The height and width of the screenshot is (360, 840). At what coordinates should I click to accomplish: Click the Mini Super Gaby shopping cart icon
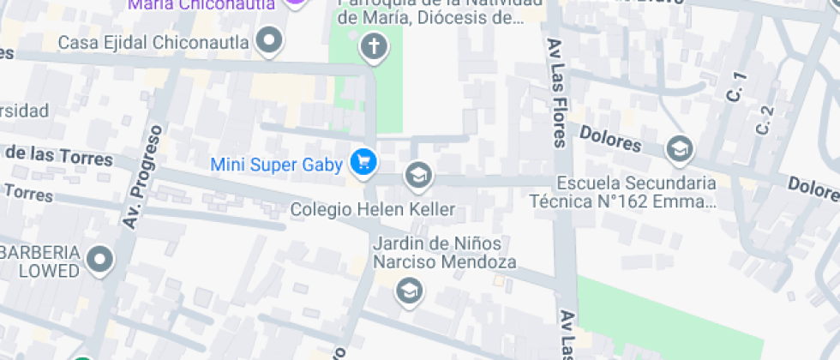pyautogui.click(x=363, y=162)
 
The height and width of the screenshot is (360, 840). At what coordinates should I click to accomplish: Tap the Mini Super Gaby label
pyautogui.click(x=276, y=164)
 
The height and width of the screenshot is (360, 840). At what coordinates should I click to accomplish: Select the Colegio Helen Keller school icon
pyautogui.click(x=418, y=176)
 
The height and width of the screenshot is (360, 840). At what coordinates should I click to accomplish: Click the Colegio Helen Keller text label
pyautogui.click(x=372, y=209)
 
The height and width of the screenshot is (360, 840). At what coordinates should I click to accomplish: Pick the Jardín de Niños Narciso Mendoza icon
pyautogui.click(x=409, y=291)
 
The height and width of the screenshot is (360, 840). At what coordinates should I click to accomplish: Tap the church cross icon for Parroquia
pyautogui.click(x=374, y=46)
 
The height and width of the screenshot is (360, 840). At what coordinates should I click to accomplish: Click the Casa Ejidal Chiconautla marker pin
pyautogui.click(x=271, y=40)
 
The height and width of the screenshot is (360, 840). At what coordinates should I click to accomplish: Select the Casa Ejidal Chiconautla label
pyautogui.click(x=153, y=42)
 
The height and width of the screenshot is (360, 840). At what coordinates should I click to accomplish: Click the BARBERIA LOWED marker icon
pyautogui.click(x=101, y=259)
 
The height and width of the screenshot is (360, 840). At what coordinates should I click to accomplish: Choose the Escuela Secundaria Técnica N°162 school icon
pyautogui.click(x=679, y=148)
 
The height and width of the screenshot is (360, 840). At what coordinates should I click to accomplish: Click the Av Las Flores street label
pyautogui.click(x=556, y=93)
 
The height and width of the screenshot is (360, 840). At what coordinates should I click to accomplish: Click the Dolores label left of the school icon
pyautogui.click(x=609, y=139)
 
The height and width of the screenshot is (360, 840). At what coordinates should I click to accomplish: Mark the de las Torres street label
pyautogui.click(x=58, y=156)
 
